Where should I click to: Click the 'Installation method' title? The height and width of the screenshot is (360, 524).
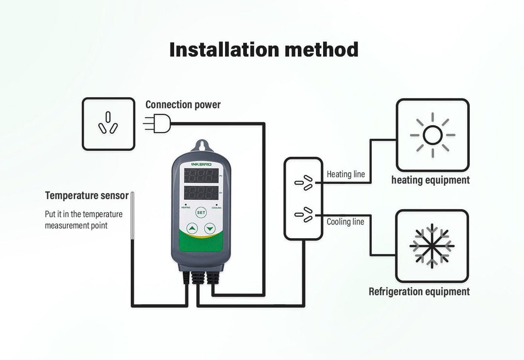tap(263, 49)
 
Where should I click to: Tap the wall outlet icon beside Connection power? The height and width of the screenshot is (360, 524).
tap(108, 124)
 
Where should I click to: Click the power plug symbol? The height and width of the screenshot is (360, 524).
tap(158, 123)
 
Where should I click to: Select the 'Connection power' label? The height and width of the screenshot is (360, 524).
tap(183, 105)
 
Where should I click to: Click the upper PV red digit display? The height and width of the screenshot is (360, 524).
tap(200, 176)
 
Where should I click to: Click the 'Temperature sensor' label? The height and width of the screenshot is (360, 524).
tap(86, 196)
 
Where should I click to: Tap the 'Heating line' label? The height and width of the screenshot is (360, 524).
tap(345, 174)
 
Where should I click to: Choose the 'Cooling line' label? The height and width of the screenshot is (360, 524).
tap(345, 222)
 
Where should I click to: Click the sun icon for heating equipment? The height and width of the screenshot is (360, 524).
tap(432, 135)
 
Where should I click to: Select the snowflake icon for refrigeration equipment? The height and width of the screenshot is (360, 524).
tap(432, 245)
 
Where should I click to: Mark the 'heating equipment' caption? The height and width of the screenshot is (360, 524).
tap(430, 180)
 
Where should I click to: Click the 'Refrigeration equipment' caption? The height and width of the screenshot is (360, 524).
tap(419, 292)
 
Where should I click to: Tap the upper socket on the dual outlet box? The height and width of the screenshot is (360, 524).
tap(304, 181)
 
